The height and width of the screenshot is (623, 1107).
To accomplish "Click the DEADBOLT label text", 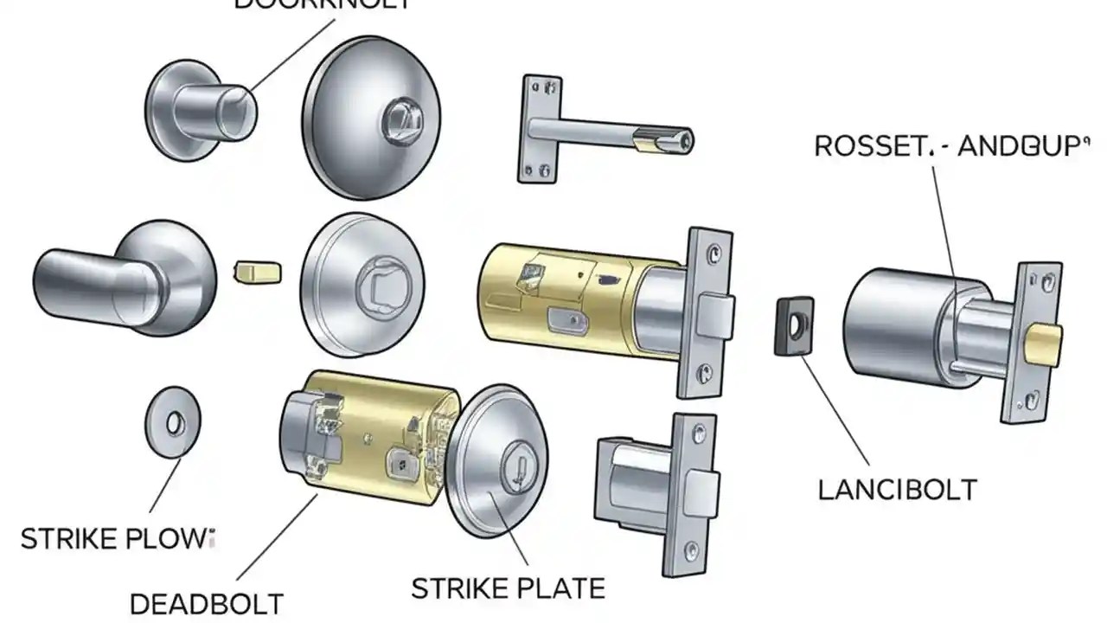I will tap(206, 602).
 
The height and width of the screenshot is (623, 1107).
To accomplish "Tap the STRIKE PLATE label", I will tap(508, 588).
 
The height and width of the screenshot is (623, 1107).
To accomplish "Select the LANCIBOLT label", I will tap(897, 490).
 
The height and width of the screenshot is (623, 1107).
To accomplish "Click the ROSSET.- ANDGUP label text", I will tap(947, 145).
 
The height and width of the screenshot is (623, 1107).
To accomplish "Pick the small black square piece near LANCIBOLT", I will tap(791, 327).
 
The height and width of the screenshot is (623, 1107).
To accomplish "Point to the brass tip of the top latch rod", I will tap(661, 138).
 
